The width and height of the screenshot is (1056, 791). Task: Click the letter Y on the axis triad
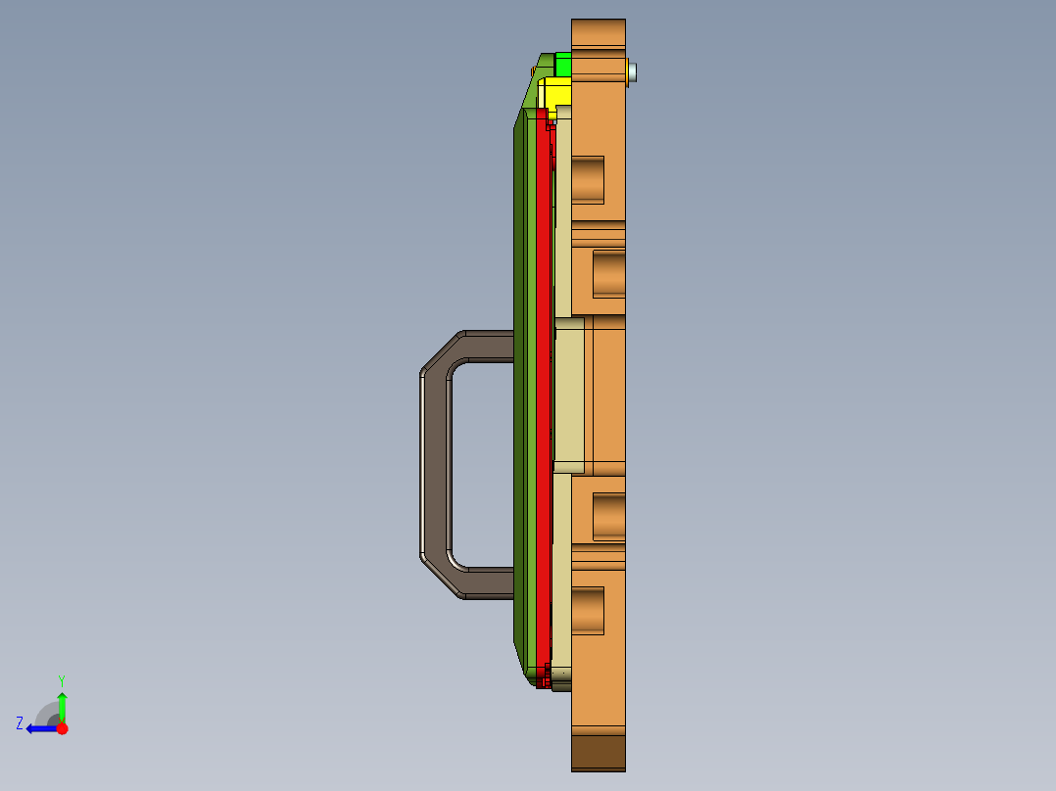tap(62, 679)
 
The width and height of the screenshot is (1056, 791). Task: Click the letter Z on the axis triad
tap(20, 722)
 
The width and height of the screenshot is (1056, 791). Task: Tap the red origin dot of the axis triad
tap(62, 728)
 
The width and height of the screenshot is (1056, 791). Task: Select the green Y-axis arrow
tap(62, 705)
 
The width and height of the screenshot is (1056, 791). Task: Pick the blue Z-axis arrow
tap(41, 728)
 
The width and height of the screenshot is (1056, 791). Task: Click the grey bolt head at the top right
tap(634, 71)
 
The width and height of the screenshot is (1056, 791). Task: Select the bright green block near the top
tap(562, 65)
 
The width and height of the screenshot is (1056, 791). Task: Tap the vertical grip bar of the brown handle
tap(434, 465)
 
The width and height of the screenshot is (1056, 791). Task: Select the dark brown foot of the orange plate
tap(599, 752)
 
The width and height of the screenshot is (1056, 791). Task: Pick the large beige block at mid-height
tap(569, 395)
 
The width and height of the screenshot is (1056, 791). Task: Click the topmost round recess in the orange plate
tap(588, 179)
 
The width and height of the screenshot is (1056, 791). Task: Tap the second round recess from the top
tap(608, 273)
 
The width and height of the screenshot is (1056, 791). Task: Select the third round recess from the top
tap(608, 517)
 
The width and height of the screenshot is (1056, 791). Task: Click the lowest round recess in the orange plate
tap(588, 610)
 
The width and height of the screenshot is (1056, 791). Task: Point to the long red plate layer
tap(542, 392)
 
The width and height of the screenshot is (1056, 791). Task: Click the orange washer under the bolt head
tap(627, 71)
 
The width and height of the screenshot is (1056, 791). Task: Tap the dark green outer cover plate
tap(519, 392)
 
